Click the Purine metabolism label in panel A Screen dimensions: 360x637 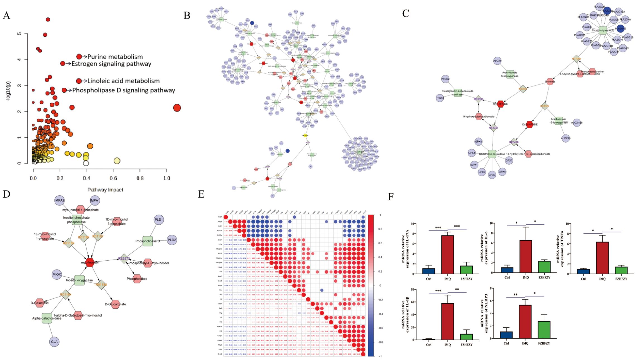(x=115, y=57)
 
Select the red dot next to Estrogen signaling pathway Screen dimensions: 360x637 (x=63, y=64)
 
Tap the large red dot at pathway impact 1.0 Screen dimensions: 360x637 (x=177, y=108)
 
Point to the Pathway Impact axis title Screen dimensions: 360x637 (x=105, y=190)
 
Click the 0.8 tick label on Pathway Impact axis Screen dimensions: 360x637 (x=140, y=178)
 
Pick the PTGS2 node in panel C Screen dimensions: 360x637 (x=445, y=79)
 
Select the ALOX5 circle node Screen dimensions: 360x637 (x=497, y=61)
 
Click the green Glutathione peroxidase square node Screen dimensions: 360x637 (x=492, y=154)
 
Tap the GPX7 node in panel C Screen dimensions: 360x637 (x=509, y=160)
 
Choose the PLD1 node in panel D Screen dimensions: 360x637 (x=158, y=220)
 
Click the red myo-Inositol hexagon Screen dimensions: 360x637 (x=90, y=262)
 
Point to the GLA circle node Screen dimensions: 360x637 (x=54, y=342)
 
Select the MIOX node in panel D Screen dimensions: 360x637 (x=57, y=274)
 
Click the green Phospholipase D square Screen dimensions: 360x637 (x=148, y=241)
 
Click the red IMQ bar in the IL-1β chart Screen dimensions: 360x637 (x=447, y=321)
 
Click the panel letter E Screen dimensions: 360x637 (x=201, y=194)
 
